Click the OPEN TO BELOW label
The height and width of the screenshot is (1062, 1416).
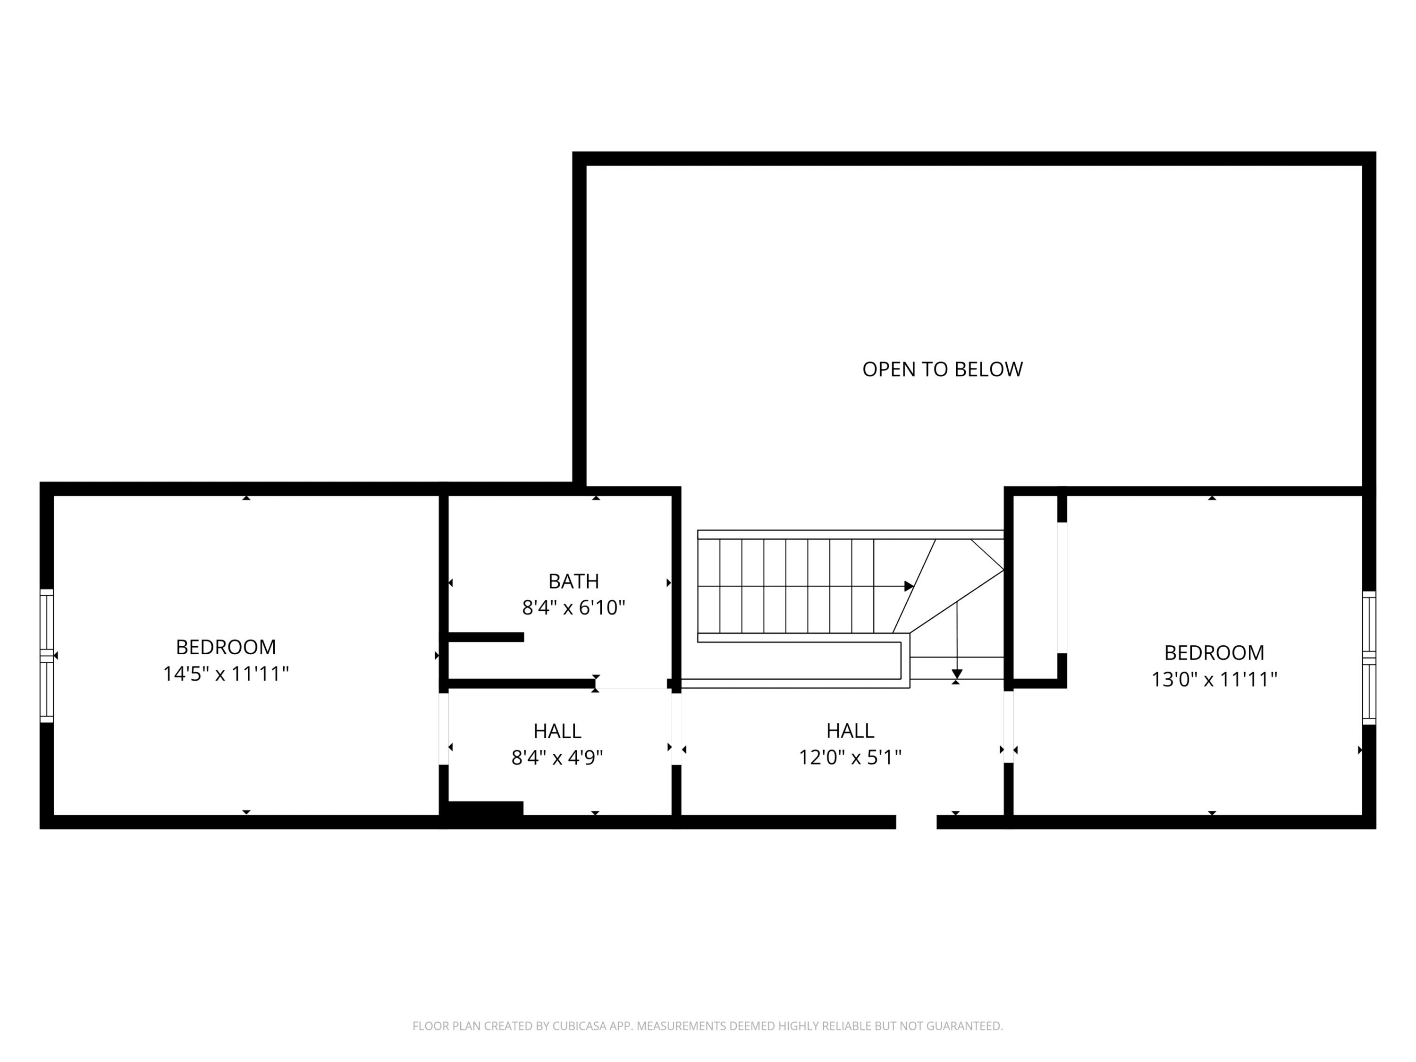click(x=942, y=370)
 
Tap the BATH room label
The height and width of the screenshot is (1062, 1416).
click(x=573, y=581)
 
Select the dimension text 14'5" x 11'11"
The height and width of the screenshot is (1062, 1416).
click(x=226, y=674)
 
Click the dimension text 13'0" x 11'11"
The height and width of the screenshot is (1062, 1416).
click(x=1214, y=679)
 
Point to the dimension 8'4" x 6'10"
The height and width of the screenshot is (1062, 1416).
click(x=573, y=607)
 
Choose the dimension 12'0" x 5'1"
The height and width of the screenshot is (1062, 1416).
click(x=850, y=757)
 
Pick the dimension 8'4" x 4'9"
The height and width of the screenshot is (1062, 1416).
click(x=557, y=758)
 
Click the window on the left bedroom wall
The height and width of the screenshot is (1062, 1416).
click(x=47, y=656)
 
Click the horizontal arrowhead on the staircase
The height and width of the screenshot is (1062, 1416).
click(x=909, y=586)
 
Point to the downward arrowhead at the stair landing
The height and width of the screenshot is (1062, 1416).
click(x=956, y=674)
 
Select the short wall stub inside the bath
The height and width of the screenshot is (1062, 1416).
click(x=485, y=637)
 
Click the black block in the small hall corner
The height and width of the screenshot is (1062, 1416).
click(x=485, y=808)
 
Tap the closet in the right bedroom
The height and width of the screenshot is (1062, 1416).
click(x=1035, y=588)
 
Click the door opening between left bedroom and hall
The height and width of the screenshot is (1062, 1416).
click(x=444, y=728)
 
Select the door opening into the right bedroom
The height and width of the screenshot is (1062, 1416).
click(x=1008, y=726)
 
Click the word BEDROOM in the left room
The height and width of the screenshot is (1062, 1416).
click(x=226, y=647)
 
